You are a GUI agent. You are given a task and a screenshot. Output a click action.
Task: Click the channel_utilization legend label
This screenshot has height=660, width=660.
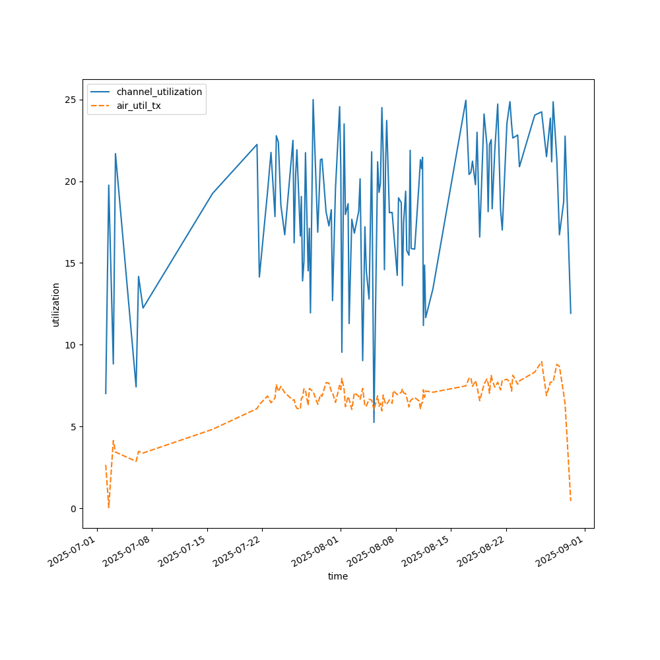159,92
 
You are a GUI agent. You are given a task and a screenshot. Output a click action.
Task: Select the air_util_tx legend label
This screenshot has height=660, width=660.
139,106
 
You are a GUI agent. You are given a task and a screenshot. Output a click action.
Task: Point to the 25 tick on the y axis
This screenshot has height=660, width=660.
73,100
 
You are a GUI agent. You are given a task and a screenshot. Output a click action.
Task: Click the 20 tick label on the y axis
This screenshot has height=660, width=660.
73,181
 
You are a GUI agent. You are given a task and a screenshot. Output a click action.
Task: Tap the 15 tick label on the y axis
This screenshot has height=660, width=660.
73,263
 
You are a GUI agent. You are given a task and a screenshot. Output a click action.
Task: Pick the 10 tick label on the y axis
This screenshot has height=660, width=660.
73,345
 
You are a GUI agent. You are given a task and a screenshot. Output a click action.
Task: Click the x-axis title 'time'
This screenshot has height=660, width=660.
338,576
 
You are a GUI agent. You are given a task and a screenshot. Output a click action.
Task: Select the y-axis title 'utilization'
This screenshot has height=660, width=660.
56,304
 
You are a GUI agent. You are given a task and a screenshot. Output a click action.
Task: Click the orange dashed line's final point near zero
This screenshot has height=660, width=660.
571,501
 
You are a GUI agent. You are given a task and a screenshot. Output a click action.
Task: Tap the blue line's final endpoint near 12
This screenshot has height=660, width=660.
571,313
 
